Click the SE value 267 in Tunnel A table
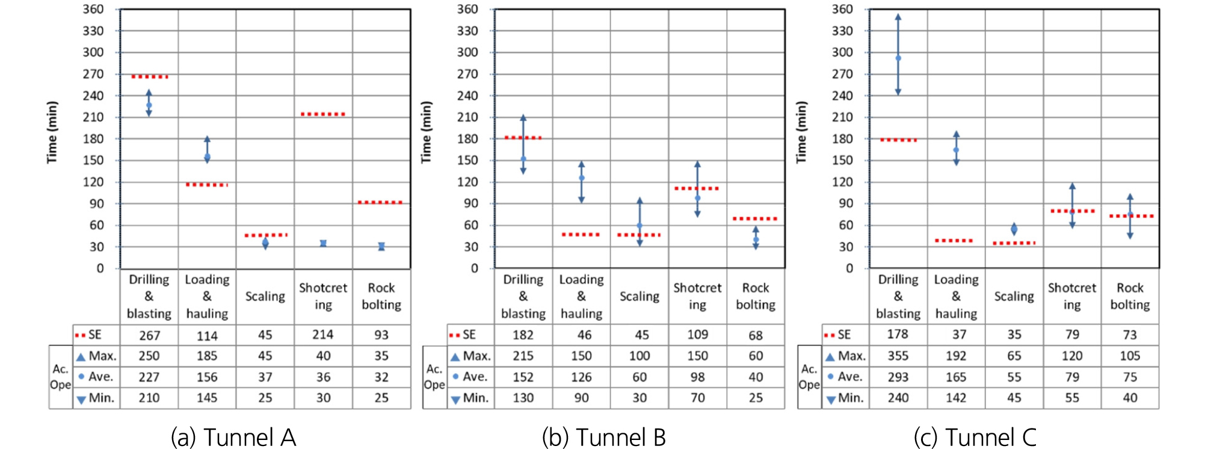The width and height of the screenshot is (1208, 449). click(x=149, y=335)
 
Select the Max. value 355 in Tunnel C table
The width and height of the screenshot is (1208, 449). click(x=898, y=356)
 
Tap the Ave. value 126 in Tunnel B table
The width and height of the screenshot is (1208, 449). click(x=581, y=377)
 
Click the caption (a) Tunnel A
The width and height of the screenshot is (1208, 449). click(x=233, y=437)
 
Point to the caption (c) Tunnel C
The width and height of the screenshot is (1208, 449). click(x=975, y=437)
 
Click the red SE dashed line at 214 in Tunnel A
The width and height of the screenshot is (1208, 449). click(x=323, y=114)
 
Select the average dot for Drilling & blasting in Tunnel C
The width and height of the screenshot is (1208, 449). click(x=898, y=58)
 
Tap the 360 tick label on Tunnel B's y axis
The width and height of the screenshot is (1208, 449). click(x=467, y=9)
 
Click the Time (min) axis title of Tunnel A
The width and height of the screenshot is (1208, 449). click(x=52, y=132)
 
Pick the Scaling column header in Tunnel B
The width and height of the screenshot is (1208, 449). click(x=639, y=297)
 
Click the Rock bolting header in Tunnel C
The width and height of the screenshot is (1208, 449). click(x=1130, y=297)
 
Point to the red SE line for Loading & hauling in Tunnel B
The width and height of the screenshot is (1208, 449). click(x=581, y=234)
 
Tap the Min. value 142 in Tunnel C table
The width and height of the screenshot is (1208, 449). click(x=955, y=398)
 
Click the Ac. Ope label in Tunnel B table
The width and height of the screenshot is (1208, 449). click(x=434, y=377)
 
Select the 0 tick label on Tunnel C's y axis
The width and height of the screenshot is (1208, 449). click(x=849, y=268)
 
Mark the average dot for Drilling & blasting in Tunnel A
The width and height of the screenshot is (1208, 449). click(x=149, y=105)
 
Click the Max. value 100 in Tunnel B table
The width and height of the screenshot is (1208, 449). click(x=639, y=356)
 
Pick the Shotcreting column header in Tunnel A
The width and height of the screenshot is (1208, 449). click(x=323, y=297)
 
